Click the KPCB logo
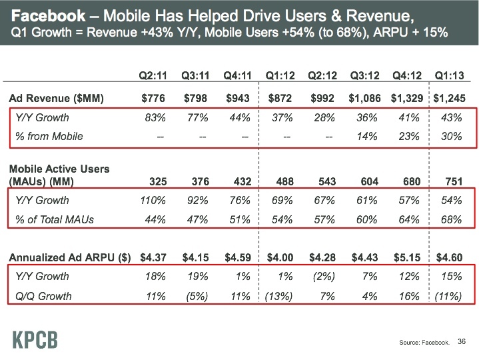click(x=35, y=338)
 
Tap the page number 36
click(x=462, y=342)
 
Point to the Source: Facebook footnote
click(x=424, y=343)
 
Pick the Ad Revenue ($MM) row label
click(x=56, y=99)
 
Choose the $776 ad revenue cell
click(x=154, y=99)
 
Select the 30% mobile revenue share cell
click(x=452, y=137)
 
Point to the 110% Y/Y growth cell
click(x=152, y=200)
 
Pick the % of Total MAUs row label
click(x=55, y=219)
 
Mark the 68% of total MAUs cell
click(x=452, y=219)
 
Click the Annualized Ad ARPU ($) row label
click(x=69, y=257)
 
